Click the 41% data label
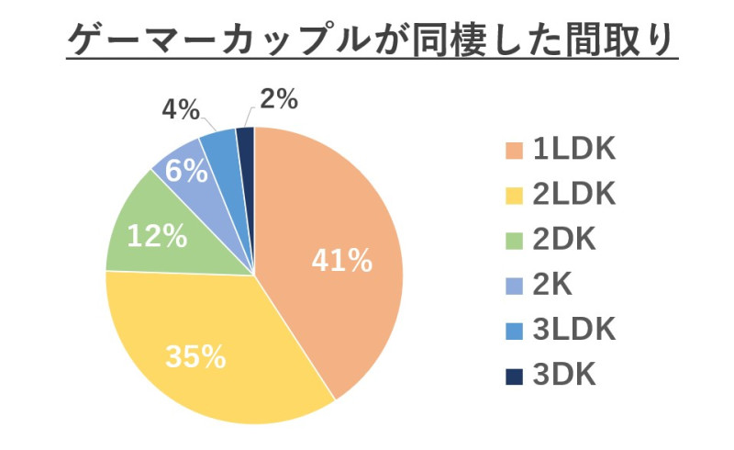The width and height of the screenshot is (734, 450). click(341, 262)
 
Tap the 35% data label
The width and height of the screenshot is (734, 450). click(195, 356)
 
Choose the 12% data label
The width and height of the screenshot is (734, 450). click(157, 236)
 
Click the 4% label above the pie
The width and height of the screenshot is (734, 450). click(181, 111)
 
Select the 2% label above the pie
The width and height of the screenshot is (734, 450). click(278, 99)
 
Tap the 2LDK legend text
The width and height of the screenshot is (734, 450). click(573, 195)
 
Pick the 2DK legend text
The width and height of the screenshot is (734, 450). click(564, 241)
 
